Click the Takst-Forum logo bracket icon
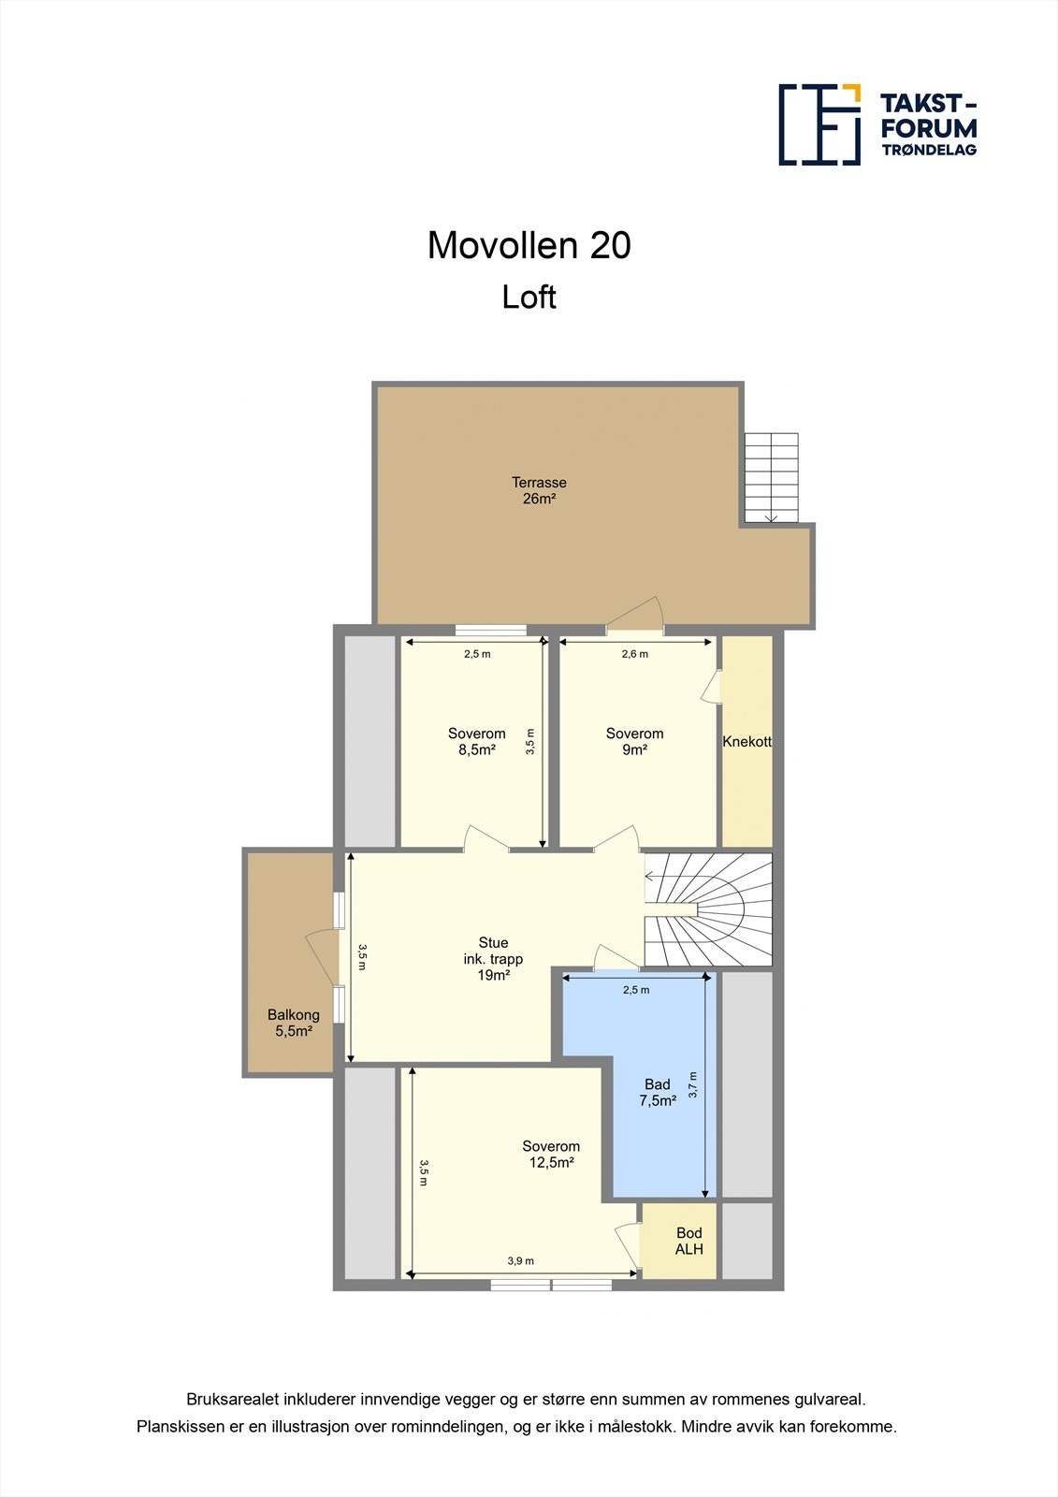[x=819, y=124]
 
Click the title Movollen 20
[x=529, y=245]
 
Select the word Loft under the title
[x=529, y=297]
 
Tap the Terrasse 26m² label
[x=539, y=490]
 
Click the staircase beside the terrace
[x=771, y=477]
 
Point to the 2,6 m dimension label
[x=634, y=654]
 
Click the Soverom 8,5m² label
[x=476, y=741]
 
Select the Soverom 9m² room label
[x=634, y=741]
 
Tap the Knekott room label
[x=746, y=742]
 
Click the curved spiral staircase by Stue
[x=711, y=909]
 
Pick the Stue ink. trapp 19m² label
[x=493, y=958]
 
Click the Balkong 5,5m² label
[x=293, y=1023]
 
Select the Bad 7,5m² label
[x=657, y=1093]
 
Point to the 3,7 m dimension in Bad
[x=693, y=1084]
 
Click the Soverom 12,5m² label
[x=551, y=1154]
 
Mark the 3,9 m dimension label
[x=520, y=1260]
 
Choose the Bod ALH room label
[x=688, y=1241]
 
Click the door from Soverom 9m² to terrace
[x=636, y=618]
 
